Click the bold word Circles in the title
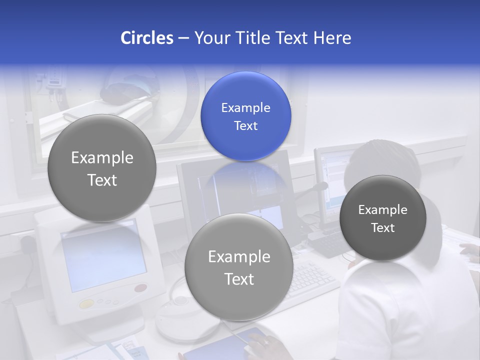pyautogui.click(x=146, y=38)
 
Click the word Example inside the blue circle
pyautogui.click(x=245, y=108)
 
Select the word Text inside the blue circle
pyautogui.click(x=245, y=126)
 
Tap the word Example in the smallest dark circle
pyautogui.click(x=382, y=210)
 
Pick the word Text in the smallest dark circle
pyautogui.click(x=383, y=228)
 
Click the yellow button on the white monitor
pyautogui.click(x=86, y=303)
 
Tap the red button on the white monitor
pyautogui.click(x=141, y=288)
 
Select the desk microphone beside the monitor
pyautogui.click(x=320, y=187)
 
